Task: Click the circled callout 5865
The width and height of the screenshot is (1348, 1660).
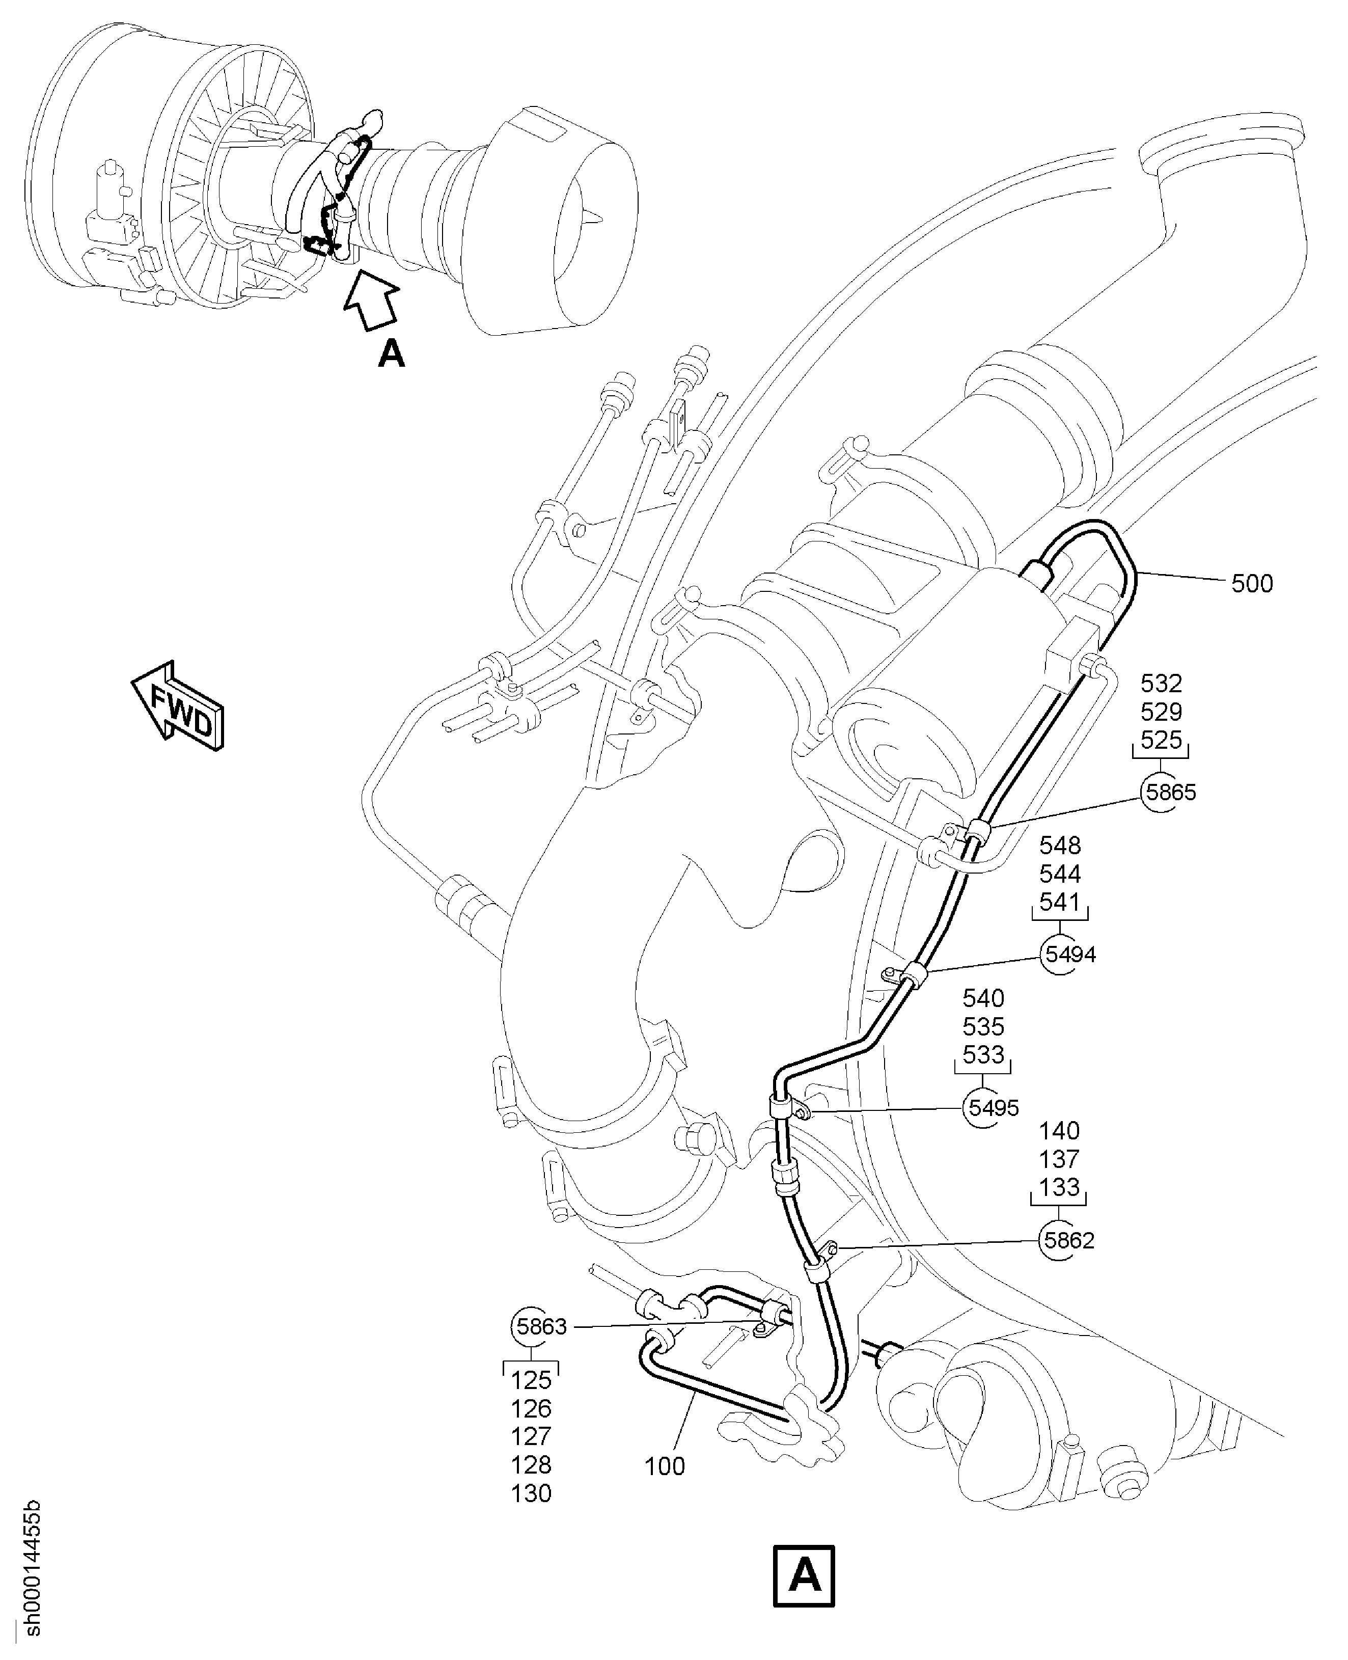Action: tap(1170, 793)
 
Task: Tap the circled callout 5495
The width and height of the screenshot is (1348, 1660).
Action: tap(993, 1108)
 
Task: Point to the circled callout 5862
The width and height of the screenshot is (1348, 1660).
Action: tap(1068, 1240)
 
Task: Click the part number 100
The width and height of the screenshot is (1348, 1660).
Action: tap(665, 1466)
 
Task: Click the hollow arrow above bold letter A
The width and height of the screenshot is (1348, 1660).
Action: tap(371, 303)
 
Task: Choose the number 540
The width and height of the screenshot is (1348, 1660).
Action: tap(983, 998)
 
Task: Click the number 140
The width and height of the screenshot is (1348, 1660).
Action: tap(1059, 1131)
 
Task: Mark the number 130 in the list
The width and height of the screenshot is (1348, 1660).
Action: tap(531, 1493)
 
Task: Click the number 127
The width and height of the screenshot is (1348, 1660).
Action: tap(531, 1436)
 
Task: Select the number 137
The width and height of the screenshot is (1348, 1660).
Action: tap(1059, 1159)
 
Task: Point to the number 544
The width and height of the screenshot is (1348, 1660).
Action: tap(1060, 874)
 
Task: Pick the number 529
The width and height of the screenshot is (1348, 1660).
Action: tap(1161, 712)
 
